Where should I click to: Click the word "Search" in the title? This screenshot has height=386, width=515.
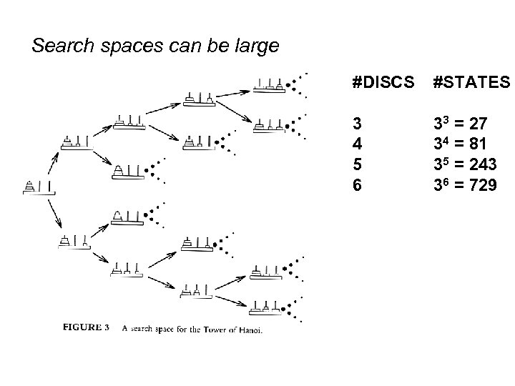(x=59, y=47)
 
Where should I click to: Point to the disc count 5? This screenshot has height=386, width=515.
(x=357, y=165)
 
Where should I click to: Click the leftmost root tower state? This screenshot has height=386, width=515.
(x=39, y=188)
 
